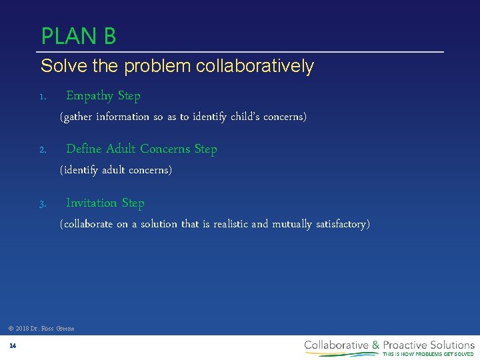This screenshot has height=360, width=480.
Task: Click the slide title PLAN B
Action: pos(79,35)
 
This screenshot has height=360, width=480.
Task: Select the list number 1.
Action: pos(41,97)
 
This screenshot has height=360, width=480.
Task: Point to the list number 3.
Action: pos(41,204)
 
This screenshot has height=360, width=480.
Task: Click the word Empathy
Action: pos(90,96)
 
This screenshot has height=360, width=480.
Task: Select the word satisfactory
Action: pos(342,224)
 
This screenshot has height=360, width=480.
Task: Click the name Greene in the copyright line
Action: pos(65,328)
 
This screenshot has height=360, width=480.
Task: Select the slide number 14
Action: pos(13,345)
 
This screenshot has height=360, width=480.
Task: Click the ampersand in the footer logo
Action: pos(376,345)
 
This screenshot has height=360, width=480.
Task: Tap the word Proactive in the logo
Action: pos(407,345)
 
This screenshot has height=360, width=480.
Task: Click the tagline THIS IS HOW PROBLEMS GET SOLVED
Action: pos(428,354)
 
